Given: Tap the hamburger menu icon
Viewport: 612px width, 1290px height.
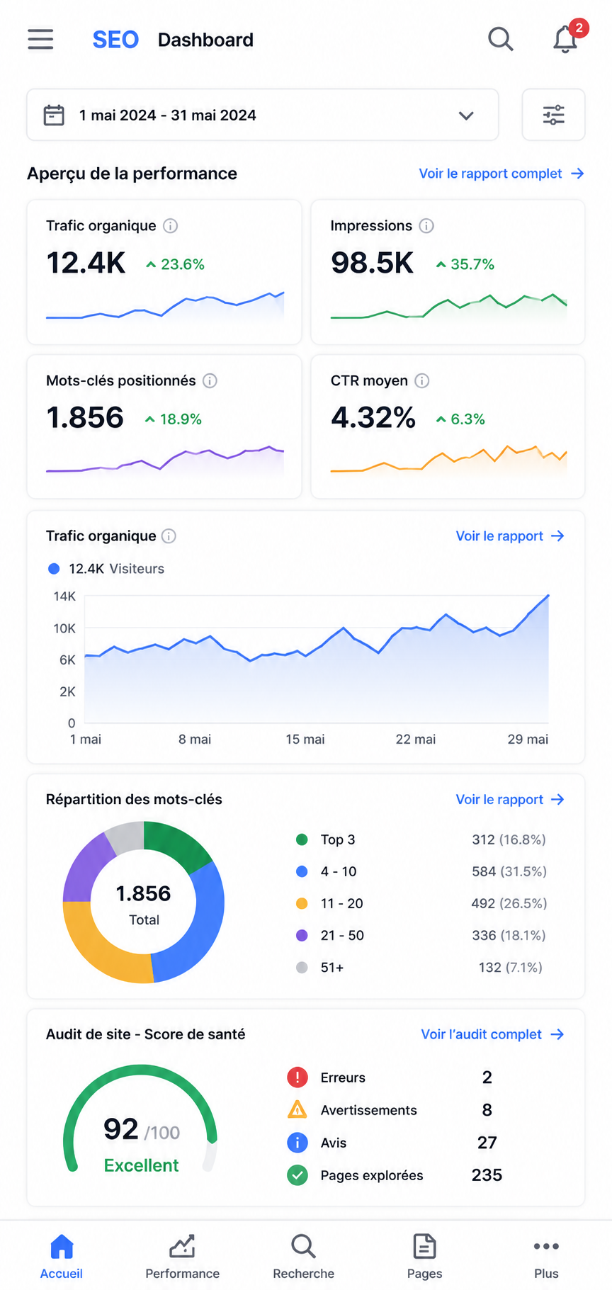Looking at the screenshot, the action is (x=40, y=39).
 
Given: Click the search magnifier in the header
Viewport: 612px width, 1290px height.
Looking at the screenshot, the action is (x=500, y=39).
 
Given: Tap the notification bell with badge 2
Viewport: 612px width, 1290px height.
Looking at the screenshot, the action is (x=565, y=39).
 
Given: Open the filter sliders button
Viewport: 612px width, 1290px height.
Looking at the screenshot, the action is (x=553, y=115).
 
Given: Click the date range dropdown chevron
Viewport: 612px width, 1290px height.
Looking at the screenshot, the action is (x=465, y=115).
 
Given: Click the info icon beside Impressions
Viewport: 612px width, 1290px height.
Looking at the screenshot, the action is (x=426, y=226).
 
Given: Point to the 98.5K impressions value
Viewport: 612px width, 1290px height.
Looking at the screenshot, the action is (x=372, y=263).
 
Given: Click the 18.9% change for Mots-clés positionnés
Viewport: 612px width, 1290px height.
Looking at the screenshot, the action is (x=174, y=419).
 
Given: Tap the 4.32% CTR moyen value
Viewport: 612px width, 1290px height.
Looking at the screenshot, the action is (x=373, y=418).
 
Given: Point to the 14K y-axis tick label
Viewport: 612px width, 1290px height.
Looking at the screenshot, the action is (x=64, y=596).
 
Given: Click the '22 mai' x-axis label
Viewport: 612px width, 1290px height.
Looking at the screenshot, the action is (x=416, y=740).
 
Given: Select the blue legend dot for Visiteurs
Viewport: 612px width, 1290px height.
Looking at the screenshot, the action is (x=54, y=569).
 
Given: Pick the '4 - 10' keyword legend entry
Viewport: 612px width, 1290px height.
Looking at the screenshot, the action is (x=339, y=872).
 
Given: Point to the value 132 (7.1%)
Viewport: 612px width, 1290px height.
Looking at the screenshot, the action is (x=511, y=968).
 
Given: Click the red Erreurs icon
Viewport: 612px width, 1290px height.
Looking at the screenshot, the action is (x=297, y=1077).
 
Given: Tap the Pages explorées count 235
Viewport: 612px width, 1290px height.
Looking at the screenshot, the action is (x=487, y=1175).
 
